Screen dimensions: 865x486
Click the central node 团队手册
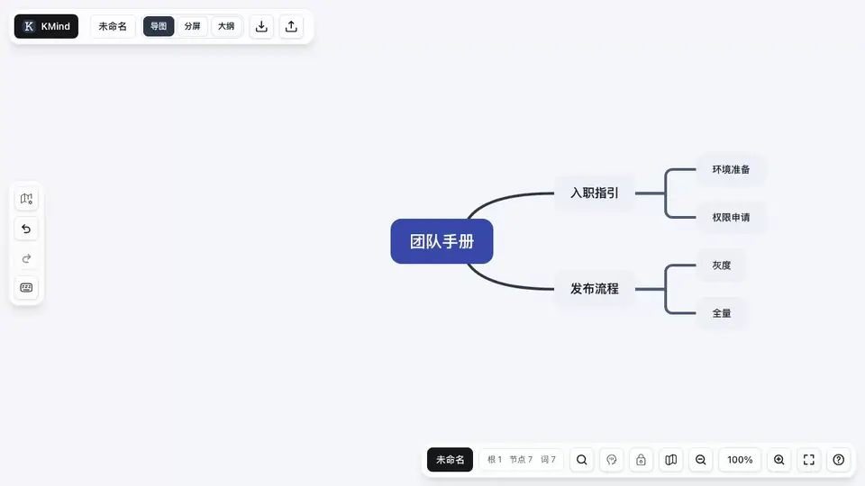[442, 241]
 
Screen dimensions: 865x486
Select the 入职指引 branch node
[595, 193]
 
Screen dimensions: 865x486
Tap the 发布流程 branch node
[595, 289]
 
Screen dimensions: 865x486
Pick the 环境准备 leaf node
[731, 170]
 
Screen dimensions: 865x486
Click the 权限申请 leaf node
[731, 218]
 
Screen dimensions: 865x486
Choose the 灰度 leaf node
[722, 265]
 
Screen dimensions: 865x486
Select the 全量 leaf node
[722, 313]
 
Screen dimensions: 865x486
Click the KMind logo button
[46, 26]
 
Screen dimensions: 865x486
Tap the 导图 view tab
[159, 26]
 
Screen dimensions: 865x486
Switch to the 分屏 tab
[193, 26]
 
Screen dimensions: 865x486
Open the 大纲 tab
[226, 26]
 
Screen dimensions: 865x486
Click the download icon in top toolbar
[261, 26]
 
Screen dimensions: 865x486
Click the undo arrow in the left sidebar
[26, 229]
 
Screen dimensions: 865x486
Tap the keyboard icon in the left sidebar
[26, 288]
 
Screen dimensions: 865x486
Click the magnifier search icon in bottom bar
[582, 460]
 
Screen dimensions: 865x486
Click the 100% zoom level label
[740, 460]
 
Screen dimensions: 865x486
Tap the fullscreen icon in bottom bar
[809, 460]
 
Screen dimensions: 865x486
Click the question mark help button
[839, 460]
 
